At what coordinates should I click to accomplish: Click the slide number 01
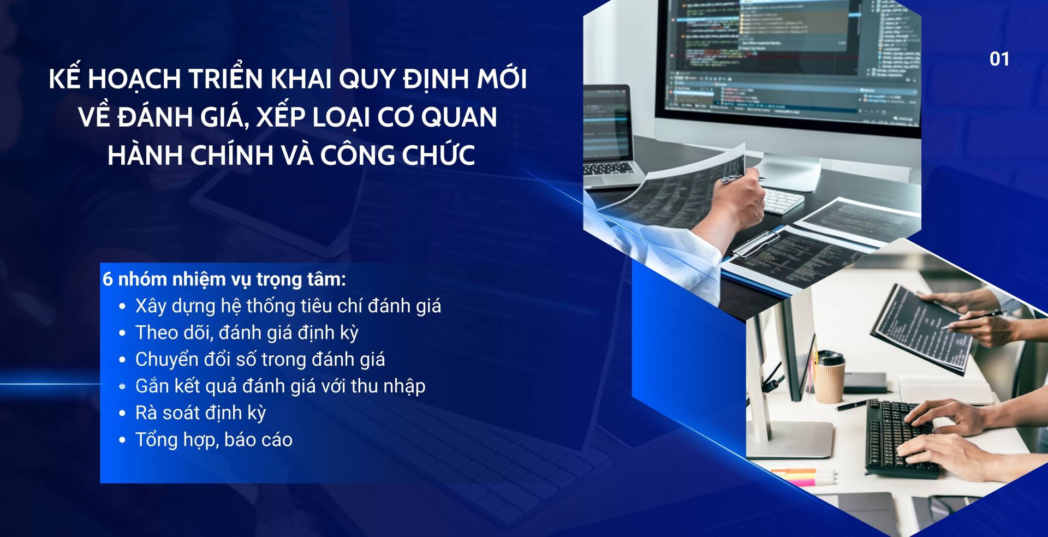999,59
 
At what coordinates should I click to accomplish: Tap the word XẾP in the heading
284,117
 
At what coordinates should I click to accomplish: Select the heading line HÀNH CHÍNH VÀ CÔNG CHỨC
291,156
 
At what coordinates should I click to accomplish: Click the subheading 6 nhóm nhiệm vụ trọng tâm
224,279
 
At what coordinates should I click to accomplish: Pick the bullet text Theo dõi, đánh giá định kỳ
247,332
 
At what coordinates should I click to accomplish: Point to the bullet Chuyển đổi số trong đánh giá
260,359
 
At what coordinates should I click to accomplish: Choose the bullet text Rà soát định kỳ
200,413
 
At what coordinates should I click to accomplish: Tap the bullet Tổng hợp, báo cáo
214,439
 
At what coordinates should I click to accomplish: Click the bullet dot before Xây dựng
122,306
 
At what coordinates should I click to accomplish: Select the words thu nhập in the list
388,386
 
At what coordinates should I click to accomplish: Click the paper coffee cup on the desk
829,377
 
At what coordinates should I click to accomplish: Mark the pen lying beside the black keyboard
851,404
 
